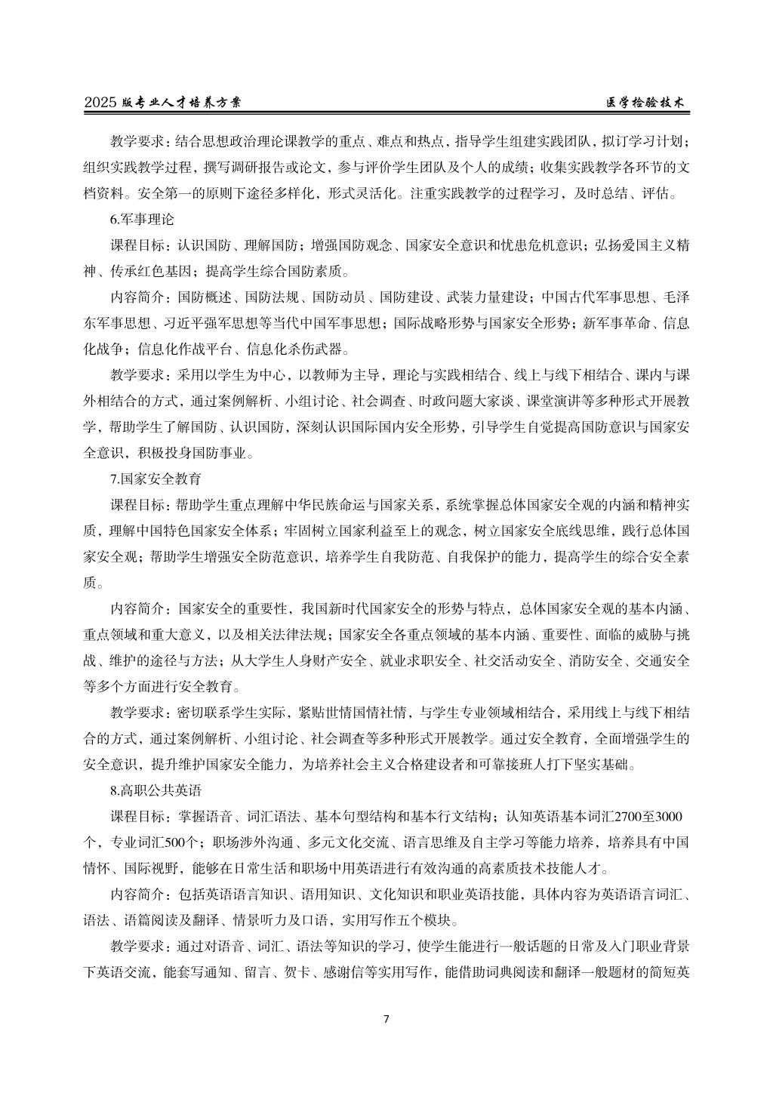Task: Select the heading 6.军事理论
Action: [x=142, y=220]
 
